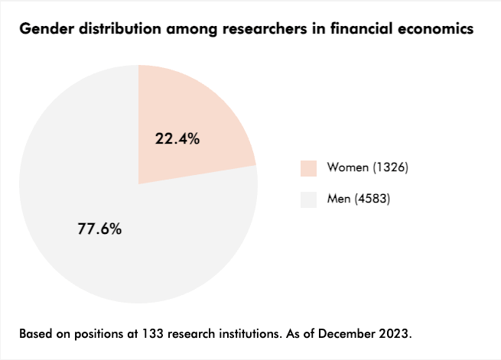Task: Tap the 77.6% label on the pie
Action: [x=99, y=229]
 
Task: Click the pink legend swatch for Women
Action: [x=308, y=168]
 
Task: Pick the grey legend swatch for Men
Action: [x=308, y=200]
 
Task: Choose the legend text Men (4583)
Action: [x=360, y=200]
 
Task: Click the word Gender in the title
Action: [x=44, y=29]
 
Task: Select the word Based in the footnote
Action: [x=34, y=334]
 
